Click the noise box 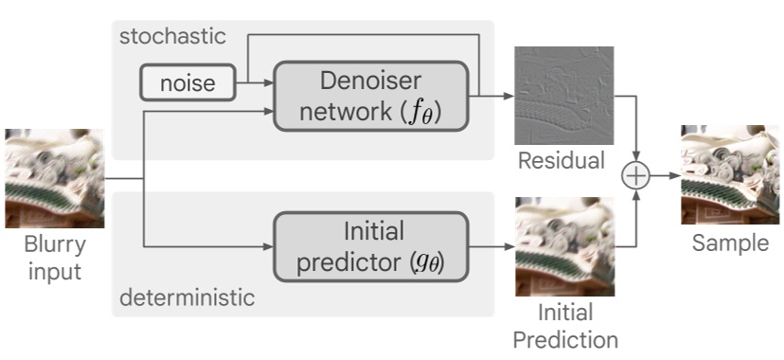[187, 84]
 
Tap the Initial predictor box [371, 246]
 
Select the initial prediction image [563, 246]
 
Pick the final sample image [730, 174]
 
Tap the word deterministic [187, 298]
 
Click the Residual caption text [561, 161]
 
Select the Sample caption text [730, 243]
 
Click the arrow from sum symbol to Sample [668, 176]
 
